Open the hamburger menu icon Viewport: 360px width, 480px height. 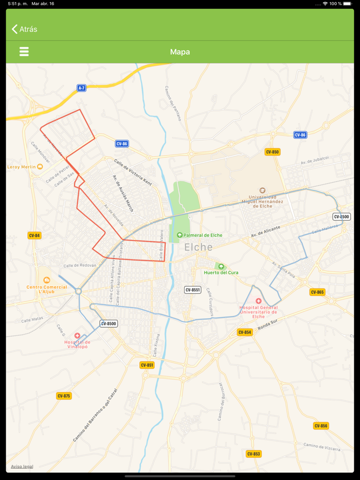(x=24, y=51)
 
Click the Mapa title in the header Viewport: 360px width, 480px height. (x=180, y=52)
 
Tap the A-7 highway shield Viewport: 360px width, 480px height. (x=81, y=88)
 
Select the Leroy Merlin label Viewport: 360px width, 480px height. (x=22, y=167)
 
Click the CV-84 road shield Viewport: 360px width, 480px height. (x=34, y=235)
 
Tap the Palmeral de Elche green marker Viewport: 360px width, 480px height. (x=179, y=235)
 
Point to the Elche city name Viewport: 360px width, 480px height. (x=199, y=247)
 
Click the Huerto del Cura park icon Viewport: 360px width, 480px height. (x=221, y=267)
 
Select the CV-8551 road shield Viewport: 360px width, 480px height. (x=192, y=290)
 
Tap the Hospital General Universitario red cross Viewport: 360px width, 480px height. (x=258, y=301)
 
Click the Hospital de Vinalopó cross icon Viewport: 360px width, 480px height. (x=77, y=336)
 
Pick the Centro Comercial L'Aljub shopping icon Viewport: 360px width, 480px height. (x=47, y=280)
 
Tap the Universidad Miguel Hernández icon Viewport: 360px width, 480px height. (x=262, y=191)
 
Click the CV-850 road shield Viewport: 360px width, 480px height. (x=272, y=152)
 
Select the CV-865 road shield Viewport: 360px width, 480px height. (x=317, y=292)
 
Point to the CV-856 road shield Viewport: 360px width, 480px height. (x=320, y=426)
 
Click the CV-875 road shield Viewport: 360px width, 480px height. (x=64, y=396)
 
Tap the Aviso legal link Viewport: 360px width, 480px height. (x=22, y=467)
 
